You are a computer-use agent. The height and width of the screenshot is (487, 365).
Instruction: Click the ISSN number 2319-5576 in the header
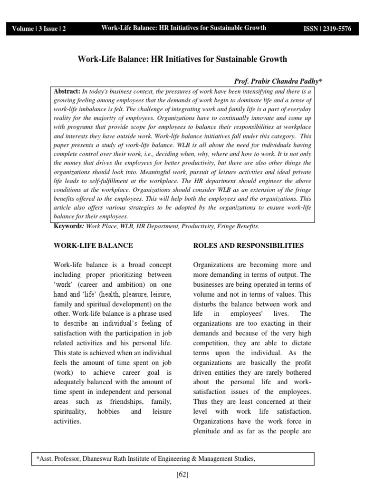(328, 29)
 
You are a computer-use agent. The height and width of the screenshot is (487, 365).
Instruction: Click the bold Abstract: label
(67, 91)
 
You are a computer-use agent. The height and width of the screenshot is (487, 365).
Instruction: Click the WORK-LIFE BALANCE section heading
(93, 246)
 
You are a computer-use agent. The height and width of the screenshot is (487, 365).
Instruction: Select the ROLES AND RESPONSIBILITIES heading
(249, 246)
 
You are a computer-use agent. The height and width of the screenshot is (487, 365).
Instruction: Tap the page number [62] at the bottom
(182, 475)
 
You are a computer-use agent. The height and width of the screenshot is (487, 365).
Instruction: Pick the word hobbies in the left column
(110, 411)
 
